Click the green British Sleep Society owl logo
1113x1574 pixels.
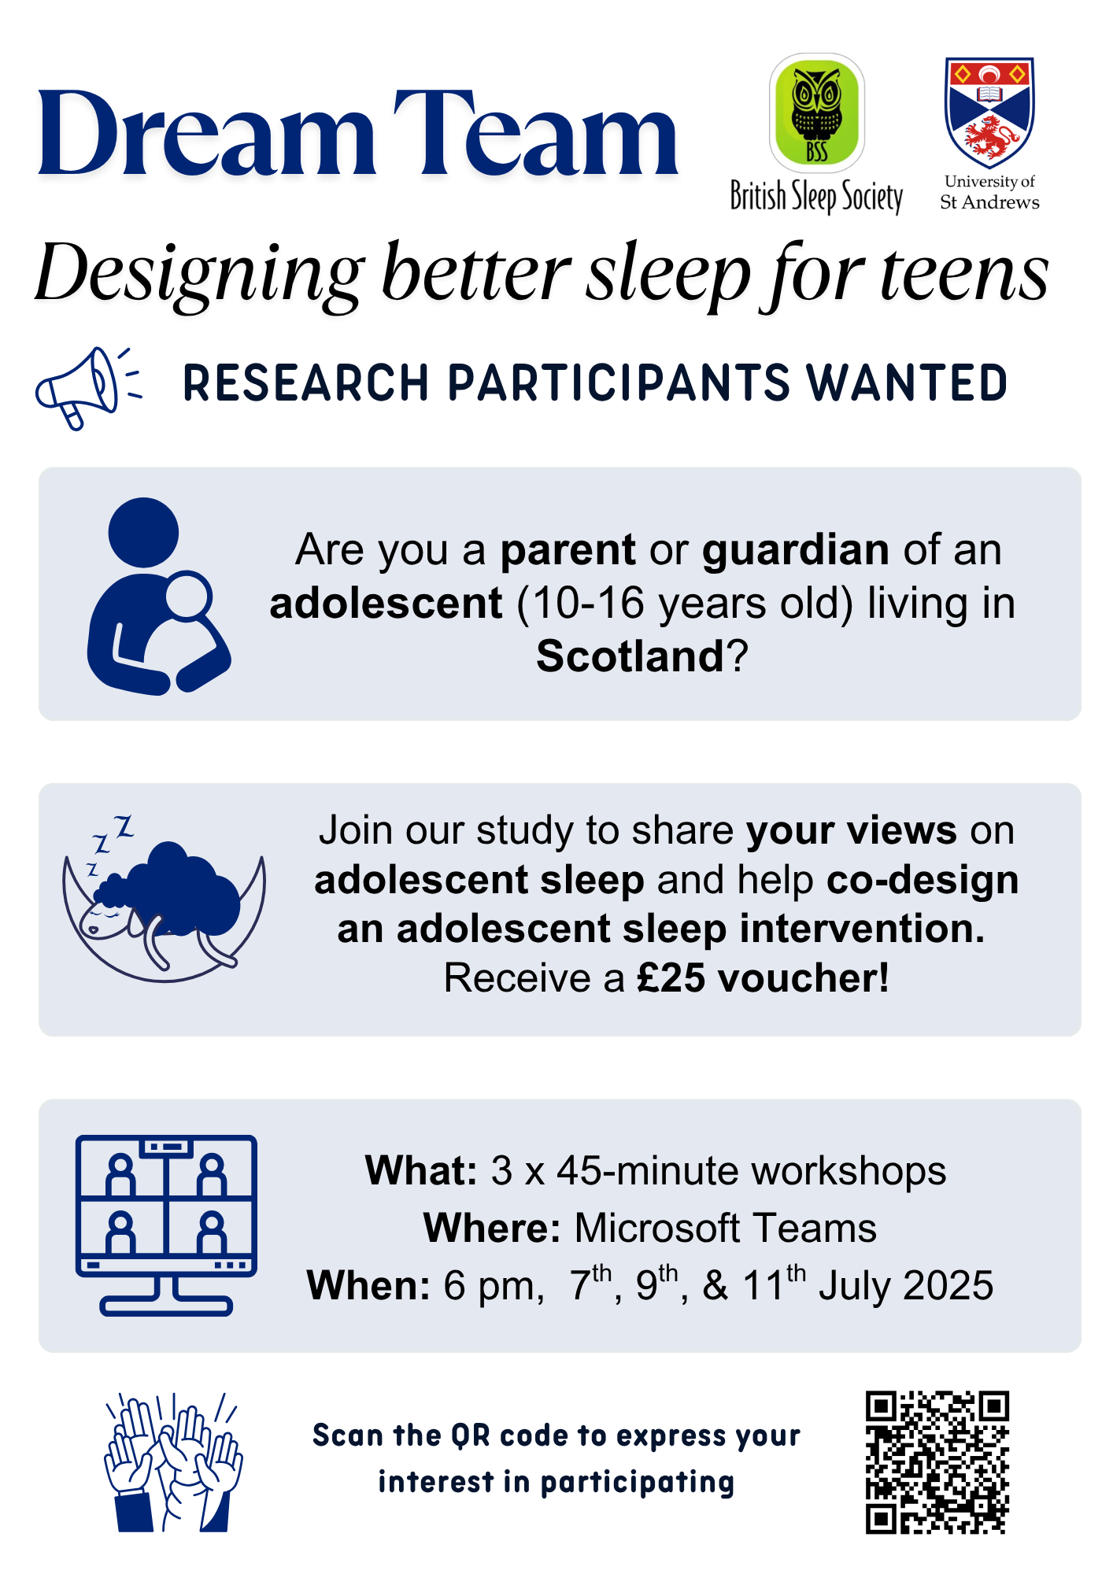(x=817, y=113)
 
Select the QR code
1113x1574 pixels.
(x=937, y=1462)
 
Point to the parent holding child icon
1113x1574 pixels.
(x=158, y=596)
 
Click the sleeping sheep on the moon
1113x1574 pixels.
(x=165, y=905)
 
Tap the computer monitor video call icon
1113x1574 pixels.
(x=166, y=1225)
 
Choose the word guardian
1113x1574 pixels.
(x=796, y=550)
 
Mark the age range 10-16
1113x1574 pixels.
(x=589, y=604)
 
